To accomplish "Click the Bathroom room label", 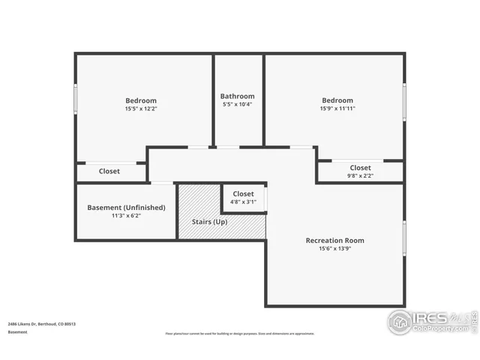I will [x=237, y=96].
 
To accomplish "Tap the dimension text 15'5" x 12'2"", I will [x=140, y=109].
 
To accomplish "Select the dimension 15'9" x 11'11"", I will [x=337, y=109].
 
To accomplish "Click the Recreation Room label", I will [x=334, y=241].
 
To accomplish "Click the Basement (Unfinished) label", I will [x=126, y=207].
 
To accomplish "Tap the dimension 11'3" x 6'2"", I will [x=126, y=215].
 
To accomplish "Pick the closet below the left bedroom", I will [x=109, y=172].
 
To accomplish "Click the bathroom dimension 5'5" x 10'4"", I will [x=237, y=104].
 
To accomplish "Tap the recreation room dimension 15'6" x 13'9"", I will [x=334, y=249].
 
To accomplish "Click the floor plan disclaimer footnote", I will [x=240, y=334].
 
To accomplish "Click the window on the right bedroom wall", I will [x=404, y=100].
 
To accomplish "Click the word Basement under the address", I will [x=17, y=331].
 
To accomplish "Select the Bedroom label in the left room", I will [x=140, y=100].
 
